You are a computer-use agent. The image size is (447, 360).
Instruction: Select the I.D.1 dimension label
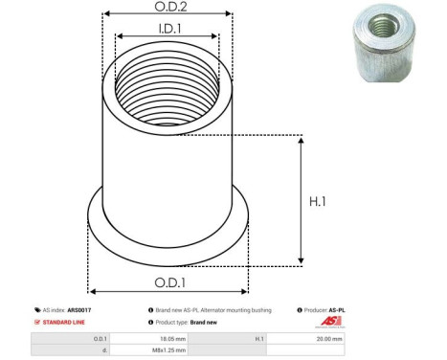(166, 31)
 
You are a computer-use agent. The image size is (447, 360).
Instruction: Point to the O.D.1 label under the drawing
(168, 283)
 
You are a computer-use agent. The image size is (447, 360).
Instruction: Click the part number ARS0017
(93, 310)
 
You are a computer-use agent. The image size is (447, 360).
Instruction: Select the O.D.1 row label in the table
(101, 338)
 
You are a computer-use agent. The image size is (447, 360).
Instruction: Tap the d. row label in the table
(103, 350)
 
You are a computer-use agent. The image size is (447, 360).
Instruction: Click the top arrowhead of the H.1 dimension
(302, 140)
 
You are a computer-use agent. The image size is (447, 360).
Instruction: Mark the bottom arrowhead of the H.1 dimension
(302, 259)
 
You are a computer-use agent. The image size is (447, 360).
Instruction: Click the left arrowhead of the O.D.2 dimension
(104, 15)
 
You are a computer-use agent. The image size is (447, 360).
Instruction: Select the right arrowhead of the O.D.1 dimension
(245, 290)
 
